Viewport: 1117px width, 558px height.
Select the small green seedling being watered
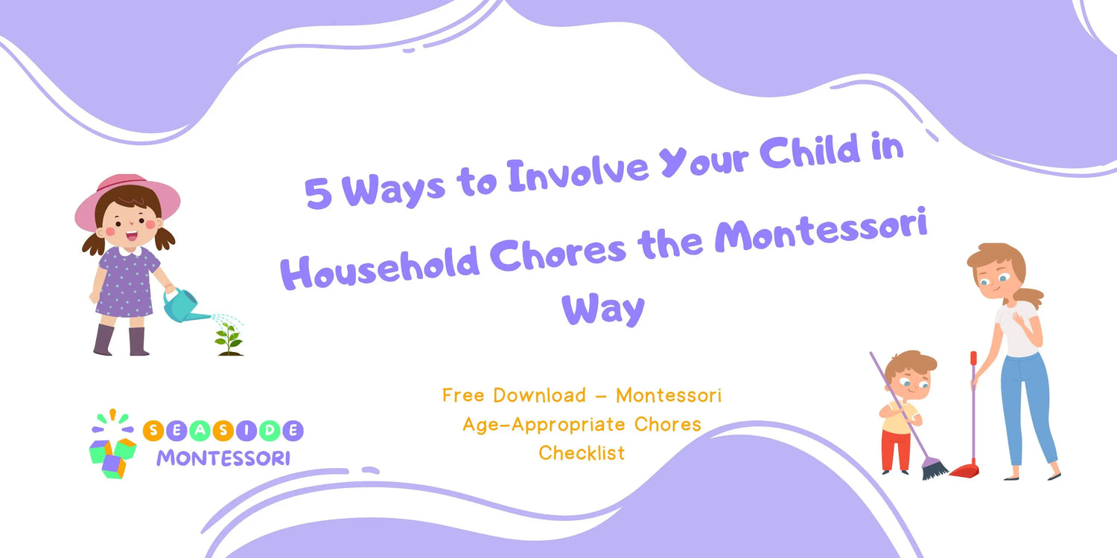click(229, 339)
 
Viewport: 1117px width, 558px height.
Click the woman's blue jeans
click(1027, 408)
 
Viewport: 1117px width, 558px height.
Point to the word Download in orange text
click(539, 396)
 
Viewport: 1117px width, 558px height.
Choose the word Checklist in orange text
click(582, 453)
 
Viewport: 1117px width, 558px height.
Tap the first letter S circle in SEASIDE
click(153, 431)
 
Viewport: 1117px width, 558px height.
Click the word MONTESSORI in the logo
click(223, 458)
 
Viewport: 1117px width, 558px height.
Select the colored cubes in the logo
click(112, 458)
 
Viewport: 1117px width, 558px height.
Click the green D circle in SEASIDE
click(270, 431)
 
